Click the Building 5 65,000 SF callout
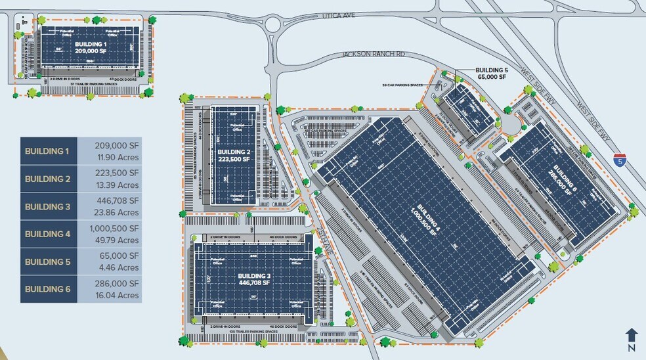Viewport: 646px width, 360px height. click(492, 73)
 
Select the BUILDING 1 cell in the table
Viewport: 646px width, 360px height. click(47, 151)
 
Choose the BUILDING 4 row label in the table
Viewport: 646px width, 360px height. click(47, 234)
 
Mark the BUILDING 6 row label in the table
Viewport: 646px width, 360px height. click(47, 289)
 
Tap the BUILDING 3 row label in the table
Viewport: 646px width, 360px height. click(47, 206)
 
